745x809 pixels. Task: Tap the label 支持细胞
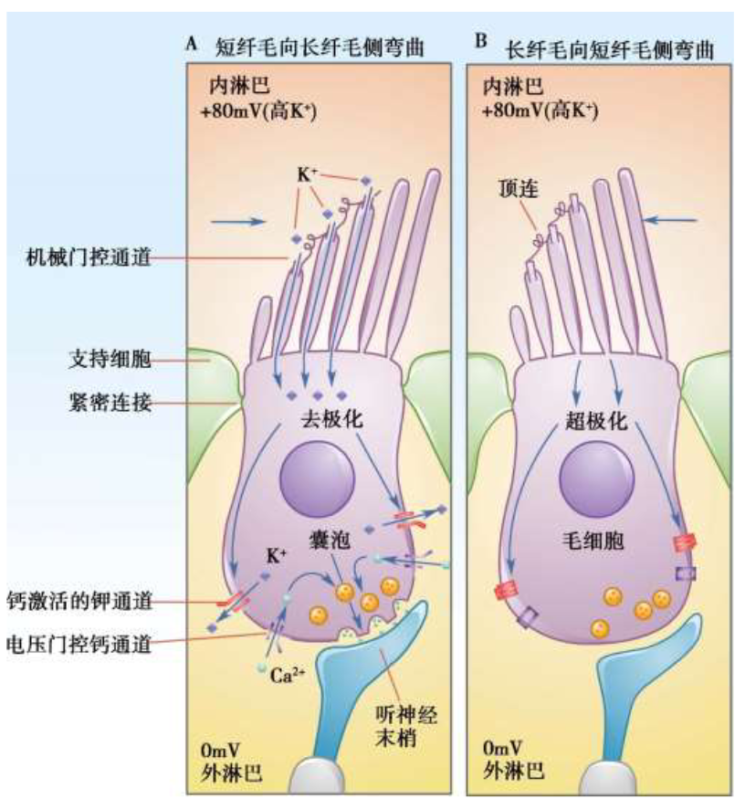[x=109, y=359]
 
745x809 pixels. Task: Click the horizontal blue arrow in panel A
[x=238, y=221]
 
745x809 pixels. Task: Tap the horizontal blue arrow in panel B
[x=670, y=218]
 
